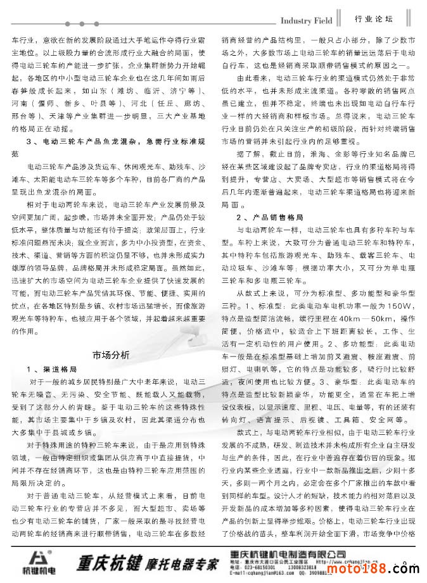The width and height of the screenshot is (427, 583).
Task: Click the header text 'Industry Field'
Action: point(306,20)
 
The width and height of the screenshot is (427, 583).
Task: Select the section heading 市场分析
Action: point(110,354)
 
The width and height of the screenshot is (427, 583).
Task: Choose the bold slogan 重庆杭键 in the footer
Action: point(104,561)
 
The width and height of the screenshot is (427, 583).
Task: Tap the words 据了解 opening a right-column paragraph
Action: point(248,153)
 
